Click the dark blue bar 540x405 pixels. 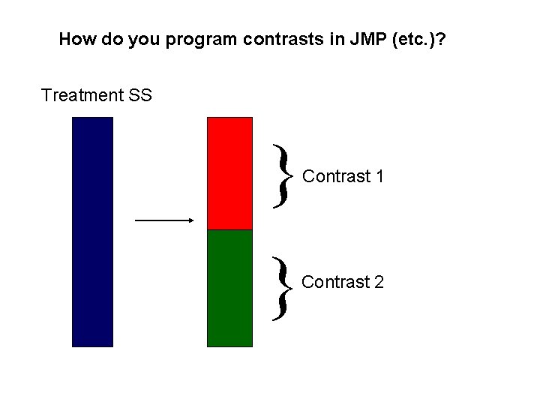(x=92, y=232)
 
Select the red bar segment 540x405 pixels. (x=229, y=173)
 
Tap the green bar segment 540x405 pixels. (x=229, y=288)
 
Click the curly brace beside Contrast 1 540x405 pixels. (x=281, y=176)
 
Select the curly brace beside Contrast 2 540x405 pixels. (x=281, y=286)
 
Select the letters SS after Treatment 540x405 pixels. (x=139, y=95)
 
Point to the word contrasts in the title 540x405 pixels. (x=275, y=39)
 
